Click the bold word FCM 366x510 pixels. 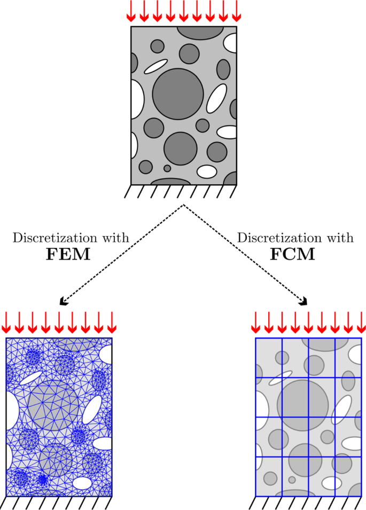pos(293,254)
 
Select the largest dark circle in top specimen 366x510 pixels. pos(178,94)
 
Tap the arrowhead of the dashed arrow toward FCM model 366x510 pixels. pos(305,301)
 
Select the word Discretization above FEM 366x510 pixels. pos(51,238)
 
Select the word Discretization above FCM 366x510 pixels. pos(276,238)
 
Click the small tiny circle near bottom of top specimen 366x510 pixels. pos(167,168)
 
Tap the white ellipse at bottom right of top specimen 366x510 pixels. pos(207,171)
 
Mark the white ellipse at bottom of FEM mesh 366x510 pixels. pos(82,483)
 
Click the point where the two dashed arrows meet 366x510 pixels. pos(184,205)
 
